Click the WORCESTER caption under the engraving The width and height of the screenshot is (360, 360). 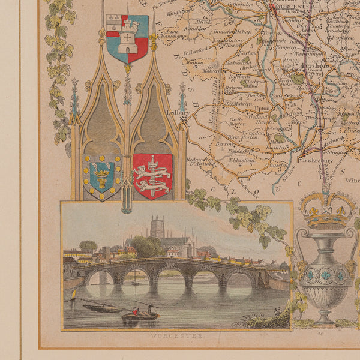[x=174, y=338]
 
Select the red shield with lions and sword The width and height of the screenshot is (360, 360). [x=152, y=175]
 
